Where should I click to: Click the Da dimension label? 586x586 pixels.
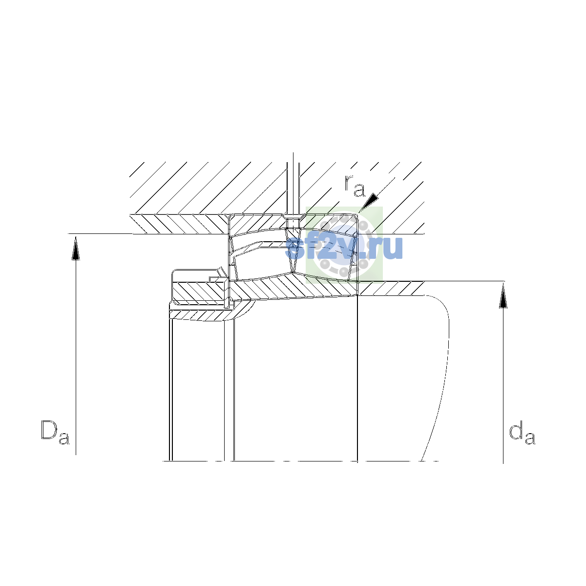pos(55,432)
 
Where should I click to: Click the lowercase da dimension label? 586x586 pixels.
pos(522,432)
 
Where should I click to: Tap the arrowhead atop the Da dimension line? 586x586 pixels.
pos(76,248)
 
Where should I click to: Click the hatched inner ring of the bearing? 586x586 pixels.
pos(293,287)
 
